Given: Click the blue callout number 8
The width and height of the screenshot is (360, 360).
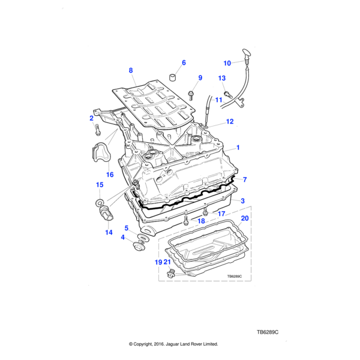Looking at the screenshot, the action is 131,70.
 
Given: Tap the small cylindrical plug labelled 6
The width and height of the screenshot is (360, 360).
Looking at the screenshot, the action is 173,77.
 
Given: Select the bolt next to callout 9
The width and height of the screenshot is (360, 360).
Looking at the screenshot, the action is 191,95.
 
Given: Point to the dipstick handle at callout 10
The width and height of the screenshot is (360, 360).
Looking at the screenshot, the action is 247,54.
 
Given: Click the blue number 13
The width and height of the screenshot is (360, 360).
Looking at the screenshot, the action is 222,78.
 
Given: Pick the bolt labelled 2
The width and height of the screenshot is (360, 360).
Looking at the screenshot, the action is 98,130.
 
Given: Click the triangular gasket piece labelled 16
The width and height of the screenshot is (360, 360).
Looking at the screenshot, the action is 99,152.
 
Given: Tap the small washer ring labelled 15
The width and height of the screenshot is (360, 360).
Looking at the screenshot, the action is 100,203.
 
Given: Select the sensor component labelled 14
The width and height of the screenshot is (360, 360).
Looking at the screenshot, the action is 106,213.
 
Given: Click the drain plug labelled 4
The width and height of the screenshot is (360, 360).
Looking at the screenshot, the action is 139,245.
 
